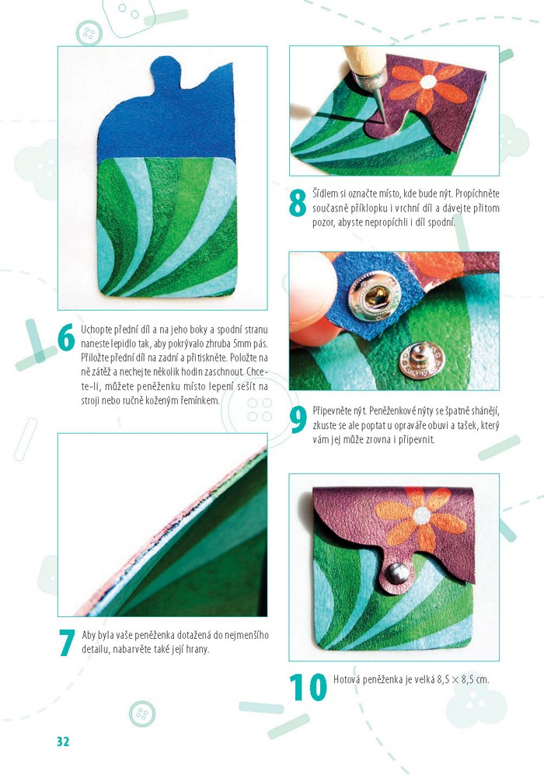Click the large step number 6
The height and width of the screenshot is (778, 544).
pos(67,337)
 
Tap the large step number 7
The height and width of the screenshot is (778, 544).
pos(67,642)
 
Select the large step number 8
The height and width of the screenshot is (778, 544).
pos(298,204)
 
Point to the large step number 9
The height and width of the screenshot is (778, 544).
pos(298,420)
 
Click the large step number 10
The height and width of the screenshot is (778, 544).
pos(308,687)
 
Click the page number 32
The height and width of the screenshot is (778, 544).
pos(63,741)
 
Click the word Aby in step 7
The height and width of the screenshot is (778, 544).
pos(89,635)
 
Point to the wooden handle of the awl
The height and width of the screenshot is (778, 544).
pos(364,60)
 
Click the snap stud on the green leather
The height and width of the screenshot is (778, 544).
pos(421,358)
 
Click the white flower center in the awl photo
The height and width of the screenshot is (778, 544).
pos(428,82)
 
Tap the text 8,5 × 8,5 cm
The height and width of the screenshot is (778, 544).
pos(463,679)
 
